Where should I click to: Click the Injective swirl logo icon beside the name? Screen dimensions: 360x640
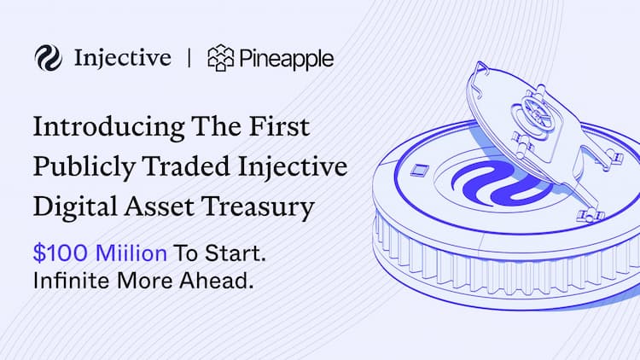coord(48,58)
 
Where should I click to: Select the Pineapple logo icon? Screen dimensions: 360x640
coord(220,58)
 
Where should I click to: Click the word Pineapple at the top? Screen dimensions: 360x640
coord(287,59)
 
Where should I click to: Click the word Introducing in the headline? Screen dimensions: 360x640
coord(105,128)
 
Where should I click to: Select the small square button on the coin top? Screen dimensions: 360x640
coord(419,170)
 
